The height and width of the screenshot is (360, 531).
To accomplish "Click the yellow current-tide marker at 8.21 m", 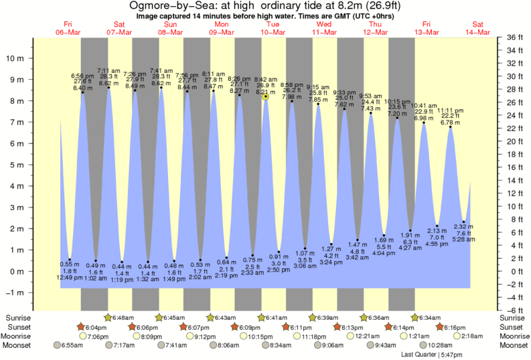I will coord(266,96).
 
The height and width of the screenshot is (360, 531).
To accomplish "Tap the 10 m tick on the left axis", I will coord(17,58).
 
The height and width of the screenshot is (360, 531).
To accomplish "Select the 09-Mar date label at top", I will coord(222,31).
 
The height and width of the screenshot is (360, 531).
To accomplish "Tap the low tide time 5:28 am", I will coord(464,239).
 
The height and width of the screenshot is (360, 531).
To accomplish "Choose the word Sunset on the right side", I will coord(512,327).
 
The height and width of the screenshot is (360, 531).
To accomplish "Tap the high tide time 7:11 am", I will coord(108,70).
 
